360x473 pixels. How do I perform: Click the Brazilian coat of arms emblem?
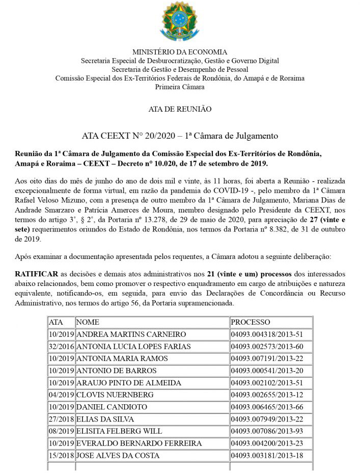click(x=179, y=22)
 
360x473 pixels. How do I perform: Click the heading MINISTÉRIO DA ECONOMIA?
click(x=180, y=52)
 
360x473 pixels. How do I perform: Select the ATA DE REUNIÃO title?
click(x=180, y=109)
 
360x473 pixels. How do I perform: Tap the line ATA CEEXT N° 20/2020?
click(x=180, y=136)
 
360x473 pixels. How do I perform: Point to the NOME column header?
click(x=88, y=322)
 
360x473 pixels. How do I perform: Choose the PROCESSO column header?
click(x=251, y=322)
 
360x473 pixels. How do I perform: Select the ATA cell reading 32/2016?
click(x=61, y=347)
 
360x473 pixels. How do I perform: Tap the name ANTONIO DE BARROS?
click(x=116, y=371)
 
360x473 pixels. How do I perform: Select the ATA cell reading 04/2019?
click(x=61, y=395)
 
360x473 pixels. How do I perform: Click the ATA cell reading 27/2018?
click(x=61, y=419)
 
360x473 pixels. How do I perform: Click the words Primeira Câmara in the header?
click(x=180, y=87)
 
